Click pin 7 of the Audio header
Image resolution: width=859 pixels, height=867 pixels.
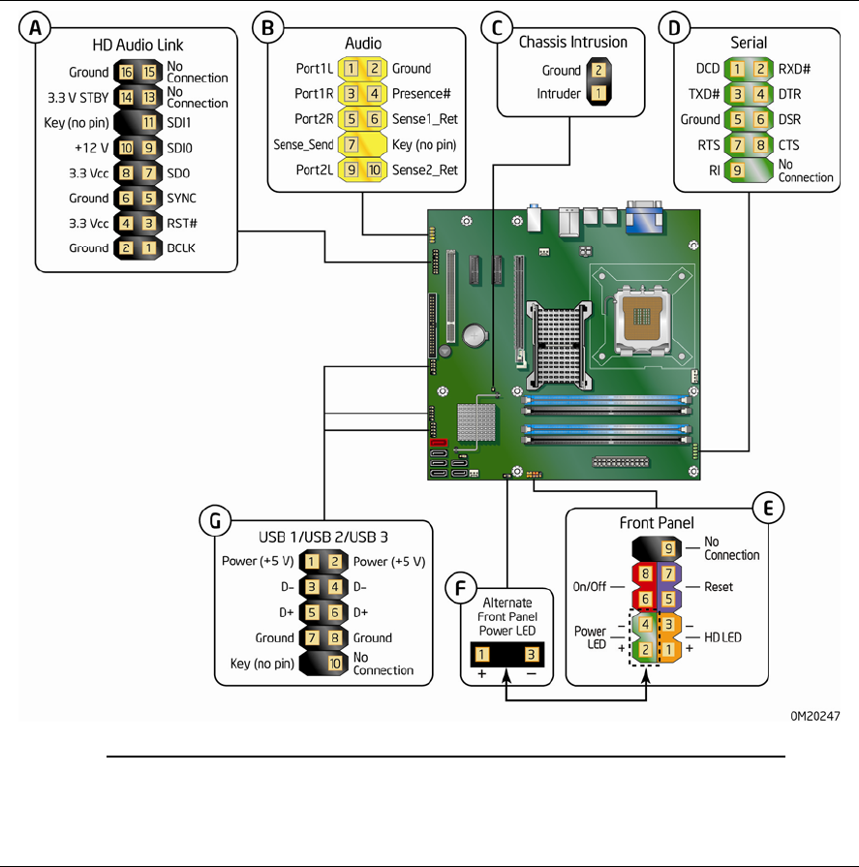[x=350, y=144]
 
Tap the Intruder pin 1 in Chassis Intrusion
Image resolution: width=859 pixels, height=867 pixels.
[x=599, y=95]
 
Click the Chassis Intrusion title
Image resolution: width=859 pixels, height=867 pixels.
[x=573, y=43]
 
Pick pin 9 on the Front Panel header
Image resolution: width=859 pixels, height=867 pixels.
[x=669, y=548]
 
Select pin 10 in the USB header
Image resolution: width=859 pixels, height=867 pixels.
[x=333, y=664]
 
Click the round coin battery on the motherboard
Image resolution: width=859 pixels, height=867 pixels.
[x=476, y=334]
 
